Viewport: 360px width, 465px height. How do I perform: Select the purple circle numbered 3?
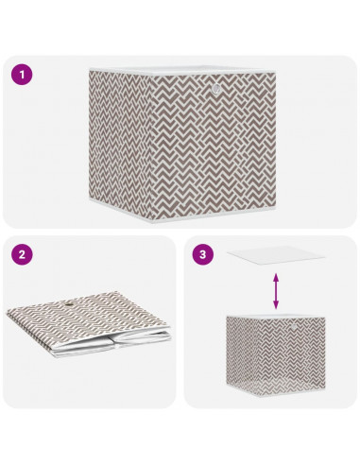(x=201, y=255)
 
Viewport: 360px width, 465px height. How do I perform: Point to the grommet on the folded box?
(x=75, y=304)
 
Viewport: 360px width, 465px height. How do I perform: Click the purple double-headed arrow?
(x=276, y=291)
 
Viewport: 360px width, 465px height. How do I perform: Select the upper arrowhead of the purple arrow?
(x=276, y=276)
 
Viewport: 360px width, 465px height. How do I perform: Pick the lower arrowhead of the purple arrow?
(x=276, y=306)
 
